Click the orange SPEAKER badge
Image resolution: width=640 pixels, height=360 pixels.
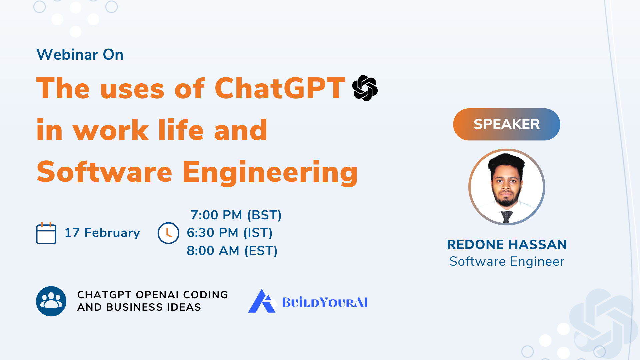(x=506, y=124)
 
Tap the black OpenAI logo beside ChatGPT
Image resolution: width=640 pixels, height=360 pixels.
(x=365, y=88)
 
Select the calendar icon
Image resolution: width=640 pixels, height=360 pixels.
(x=46, y=233)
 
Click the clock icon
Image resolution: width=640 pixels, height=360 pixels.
(x=168, y=233)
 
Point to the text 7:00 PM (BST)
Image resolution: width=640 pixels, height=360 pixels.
(x=236, y=215)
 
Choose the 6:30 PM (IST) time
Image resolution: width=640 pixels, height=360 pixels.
(x=230, y=233)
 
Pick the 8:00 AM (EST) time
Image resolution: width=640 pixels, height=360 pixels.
(x=232, y=251)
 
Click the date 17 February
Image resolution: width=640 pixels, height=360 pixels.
(x=102, y=233)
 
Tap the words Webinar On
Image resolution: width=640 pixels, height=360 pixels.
(x=80, y=54)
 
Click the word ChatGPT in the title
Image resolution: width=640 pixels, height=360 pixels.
(x=280, y=88)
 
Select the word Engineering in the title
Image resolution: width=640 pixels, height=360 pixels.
(x=270, y=172)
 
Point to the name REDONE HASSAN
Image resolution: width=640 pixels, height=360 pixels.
(x=507, y=244)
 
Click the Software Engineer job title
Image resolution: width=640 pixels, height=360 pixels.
(x=507, y=261)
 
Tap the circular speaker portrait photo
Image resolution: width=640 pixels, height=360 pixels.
(x=507, y=187)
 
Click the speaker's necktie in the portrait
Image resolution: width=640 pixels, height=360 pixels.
(x=507, y=217)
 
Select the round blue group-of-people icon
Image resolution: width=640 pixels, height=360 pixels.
(x=51, y=301)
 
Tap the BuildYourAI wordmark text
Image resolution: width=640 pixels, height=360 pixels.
(x=325, y=302)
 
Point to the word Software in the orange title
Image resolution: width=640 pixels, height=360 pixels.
(x=104, y=172)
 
